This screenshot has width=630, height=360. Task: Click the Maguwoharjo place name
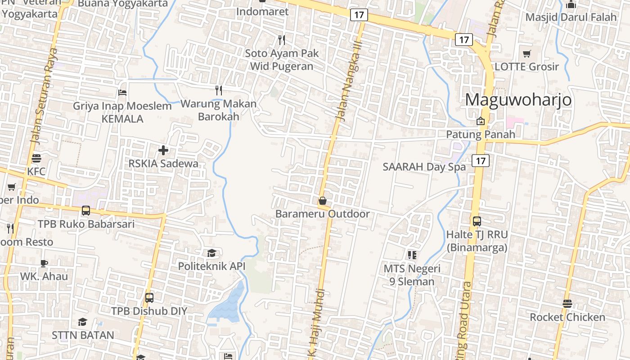tap(518, 99)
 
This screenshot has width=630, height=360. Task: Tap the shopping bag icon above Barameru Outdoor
tap(322, 201)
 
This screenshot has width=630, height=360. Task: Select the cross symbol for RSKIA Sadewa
tap(163, 150)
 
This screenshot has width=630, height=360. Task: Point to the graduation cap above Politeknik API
tap(211, 253)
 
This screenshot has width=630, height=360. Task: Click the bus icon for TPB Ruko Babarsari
tap(85, 211)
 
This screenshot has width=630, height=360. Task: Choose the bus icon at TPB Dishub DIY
tap(149, 298)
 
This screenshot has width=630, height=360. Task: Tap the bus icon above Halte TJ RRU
tap(477, 221)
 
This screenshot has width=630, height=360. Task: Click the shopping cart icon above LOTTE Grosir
tap(526, 54)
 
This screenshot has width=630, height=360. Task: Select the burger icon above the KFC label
tap(36, 158)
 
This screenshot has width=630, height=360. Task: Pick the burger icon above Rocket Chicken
tap(567, 304)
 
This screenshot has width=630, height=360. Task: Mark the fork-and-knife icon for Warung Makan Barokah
tap(219, 90)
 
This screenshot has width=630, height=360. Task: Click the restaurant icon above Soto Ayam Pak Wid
tap(282, 40)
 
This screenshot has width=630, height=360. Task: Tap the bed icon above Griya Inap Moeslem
tap(122, 93)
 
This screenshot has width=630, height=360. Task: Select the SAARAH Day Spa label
tap(424, 167)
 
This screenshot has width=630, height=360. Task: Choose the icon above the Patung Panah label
tap(481, 121)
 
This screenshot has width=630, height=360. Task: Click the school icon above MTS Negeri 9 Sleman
tap(412, 255)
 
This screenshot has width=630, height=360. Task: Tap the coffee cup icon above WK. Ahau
tap(44, 263)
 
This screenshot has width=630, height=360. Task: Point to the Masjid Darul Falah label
tap(571, 17)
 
